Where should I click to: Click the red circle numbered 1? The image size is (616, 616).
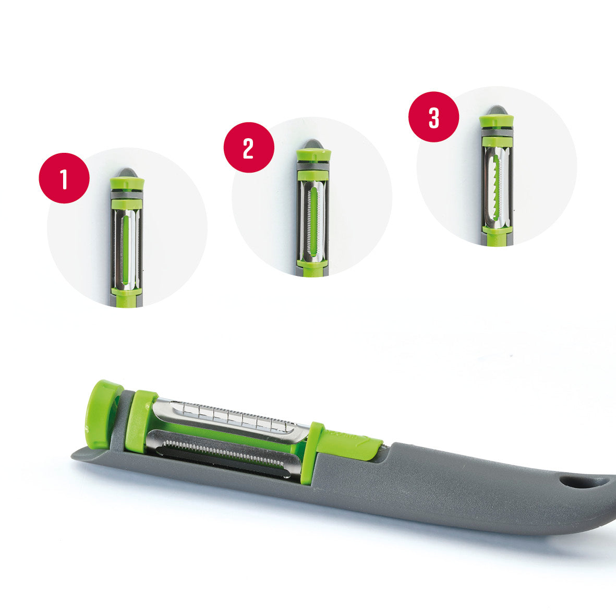(64, 178)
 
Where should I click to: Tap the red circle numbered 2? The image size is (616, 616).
(249, 148)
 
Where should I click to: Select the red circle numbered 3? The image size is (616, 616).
(434, 117)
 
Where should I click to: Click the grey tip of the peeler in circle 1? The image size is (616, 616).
(127, 172)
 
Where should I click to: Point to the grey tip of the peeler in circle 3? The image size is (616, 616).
(496, 110)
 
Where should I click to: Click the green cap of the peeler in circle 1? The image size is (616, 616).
(127, 184)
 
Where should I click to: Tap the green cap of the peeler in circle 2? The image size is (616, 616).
(313, 154)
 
